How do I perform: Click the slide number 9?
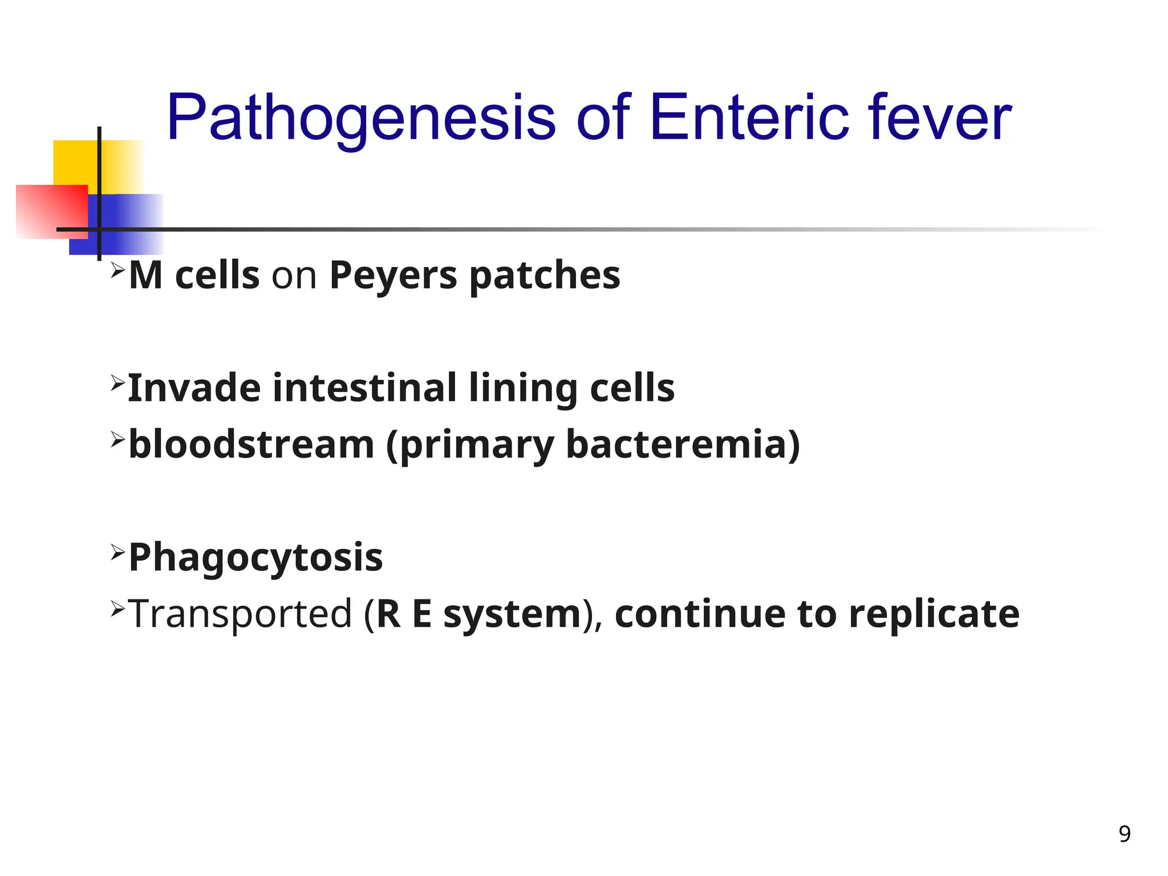(x=1124, y=834)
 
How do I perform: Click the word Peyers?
(x=393, y=275)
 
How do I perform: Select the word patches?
(x=545, y=275)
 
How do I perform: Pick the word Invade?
(x=194, y=388)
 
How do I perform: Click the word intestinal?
(x=364, y=388)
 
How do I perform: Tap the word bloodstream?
(x=251, y=444)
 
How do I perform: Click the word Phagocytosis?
(x=255, y=558)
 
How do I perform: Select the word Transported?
(x=240, y=614)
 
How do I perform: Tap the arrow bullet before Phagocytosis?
(x=117, y=551)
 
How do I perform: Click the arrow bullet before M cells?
(x=117, y=269)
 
